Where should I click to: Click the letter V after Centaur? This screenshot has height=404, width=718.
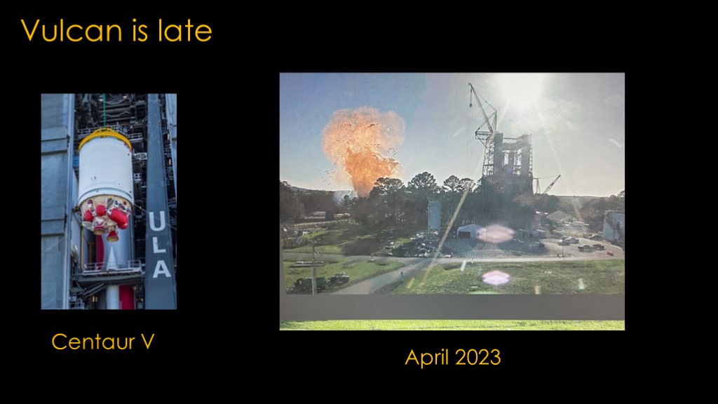pyautogui.click(x=147, y=342)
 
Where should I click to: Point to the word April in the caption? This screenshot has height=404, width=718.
pyautogui.click(x=427, y=358)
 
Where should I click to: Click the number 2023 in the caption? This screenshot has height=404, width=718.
pyautogui.click(x=478, y=357)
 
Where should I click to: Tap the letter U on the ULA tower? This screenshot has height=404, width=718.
pyautogui.click(x=156, y=222)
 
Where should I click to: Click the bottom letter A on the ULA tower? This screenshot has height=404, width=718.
pyautogui.click(x=161, y=269)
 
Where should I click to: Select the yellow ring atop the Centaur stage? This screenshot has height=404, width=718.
pyautogui.click(x=105, y=137)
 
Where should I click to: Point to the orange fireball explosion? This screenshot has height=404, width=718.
pyautogui.click(x=363, y=149)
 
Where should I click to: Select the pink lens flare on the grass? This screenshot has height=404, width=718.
pyautogui.click(x=496, y=278)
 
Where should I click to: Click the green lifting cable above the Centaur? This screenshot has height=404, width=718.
pyautogui.click(x=104, y=111)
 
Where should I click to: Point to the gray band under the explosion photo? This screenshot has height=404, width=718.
pyautogui.click(x=452, y=307)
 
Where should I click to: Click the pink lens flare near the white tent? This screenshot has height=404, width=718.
pyautogui.click(x=496, y=234)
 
